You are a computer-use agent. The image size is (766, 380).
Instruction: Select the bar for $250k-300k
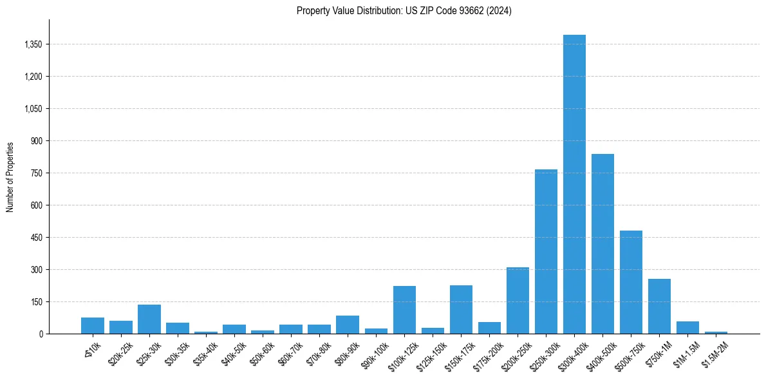coord(546,251)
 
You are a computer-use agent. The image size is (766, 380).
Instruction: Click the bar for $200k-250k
coord(518,300)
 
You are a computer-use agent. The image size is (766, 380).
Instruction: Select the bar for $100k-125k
coord(404,310)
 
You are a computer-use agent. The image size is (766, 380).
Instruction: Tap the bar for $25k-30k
coord(149,319)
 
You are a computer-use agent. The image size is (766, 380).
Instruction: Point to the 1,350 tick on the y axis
coord(32,44)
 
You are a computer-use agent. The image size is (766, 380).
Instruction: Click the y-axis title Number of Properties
coord(10,176)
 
